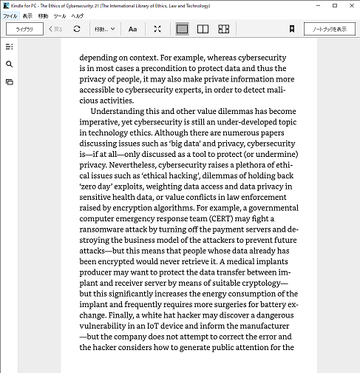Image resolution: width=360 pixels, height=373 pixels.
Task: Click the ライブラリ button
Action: point(24,29)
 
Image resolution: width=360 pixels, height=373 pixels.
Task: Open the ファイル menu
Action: point(10,16)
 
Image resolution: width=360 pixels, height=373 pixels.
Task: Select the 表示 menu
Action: point(27,16)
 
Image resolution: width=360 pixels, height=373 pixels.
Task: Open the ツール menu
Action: point(60,16)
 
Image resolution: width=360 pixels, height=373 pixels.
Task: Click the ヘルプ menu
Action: point(77,16)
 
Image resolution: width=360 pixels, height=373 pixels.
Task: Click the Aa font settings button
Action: point(132,29)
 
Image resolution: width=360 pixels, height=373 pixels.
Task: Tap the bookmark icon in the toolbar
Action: point(292,29)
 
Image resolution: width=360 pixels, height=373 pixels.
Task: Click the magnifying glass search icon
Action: point(9,64)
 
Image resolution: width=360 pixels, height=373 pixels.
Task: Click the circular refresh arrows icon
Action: point(77,29)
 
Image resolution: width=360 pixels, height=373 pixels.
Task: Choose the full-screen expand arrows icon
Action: point(157,29)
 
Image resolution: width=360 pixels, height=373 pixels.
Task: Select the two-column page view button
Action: point(203,29)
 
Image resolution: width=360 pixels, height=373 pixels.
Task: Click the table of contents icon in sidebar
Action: point(9,47)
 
